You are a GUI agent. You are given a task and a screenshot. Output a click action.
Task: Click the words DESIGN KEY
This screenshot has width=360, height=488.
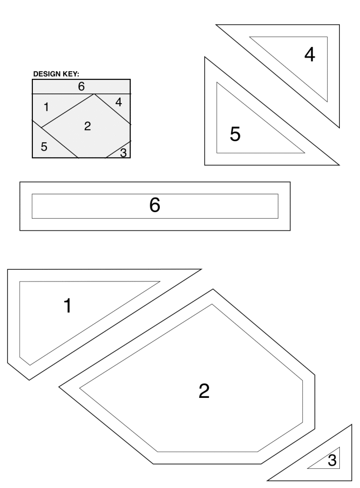[x=56, y=74]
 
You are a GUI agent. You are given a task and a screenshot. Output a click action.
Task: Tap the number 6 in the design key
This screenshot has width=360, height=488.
[x=81, y=86]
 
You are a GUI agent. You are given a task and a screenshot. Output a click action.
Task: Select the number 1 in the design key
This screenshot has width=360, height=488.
[x=46, y=107]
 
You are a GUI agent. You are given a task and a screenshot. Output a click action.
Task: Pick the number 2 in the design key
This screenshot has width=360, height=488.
[x=87, y=126]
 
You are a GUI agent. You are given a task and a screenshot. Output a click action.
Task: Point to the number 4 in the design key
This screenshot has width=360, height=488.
[x=119, y=102]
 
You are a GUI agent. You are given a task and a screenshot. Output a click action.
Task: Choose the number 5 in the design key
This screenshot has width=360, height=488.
[x=44, y=146]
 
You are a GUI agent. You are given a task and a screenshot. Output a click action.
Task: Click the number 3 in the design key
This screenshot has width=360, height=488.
[x=123, y=153]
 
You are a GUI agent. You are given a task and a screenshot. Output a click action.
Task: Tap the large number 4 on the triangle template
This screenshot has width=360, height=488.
[x=310, y=54]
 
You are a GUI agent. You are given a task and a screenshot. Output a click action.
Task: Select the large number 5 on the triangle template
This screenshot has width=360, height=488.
[x=235, y=134]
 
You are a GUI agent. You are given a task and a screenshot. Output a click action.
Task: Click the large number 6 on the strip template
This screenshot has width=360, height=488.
[x=155, y=205]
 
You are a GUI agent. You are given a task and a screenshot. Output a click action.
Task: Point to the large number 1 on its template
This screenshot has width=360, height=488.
[x=67, y=305]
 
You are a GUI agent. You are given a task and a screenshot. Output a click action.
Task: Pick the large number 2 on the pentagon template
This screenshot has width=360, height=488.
[x=204, y=391]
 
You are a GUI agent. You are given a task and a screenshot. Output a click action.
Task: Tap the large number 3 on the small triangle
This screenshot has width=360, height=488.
[x=332, y=460]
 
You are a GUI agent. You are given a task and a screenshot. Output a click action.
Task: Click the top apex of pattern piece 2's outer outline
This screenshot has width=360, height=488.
[x=213, y=289]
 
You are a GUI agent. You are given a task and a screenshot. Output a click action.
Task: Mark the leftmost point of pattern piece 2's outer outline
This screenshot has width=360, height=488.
[x=59, y=387]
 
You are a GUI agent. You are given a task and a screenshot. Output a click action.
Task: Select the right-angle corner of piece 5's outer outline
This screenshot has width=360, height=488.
[x=204, y=165]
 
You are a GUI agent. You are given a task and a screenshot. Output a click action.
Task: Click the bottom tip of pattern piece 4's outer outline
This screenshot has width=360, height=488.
[x=339, y=128]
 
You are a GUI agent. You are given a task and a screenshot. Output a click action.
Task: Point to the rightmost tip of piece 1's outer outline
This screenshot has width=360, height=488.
[x=202, y=269]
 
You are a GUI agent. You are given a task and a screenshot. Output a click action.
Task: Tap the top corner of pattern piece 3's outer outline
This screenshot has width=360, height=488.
[x=352, y=425]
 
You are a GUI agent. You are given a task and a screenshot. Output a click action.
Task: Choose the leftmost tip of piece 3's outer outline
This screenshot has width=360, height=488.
[x=267, y=480]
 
